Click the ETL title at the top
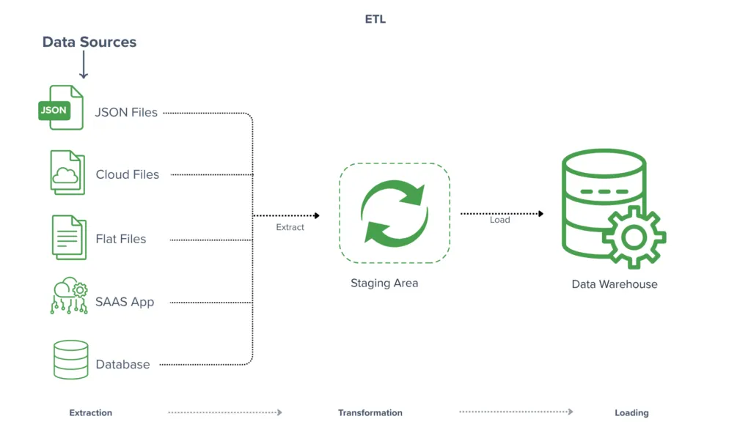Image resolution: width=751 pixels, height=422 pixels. click(x=375, y=20)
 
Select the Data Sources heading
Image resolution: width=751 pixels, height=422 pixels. click(x=89, y=42)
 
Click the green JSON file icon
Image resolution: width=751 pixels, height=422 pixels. click(x=62, y=108)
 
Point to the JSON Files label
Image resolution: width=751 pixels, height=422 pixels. click(x=126, y=113)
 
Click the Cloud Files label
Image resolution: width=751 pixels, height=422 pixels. click(x=127, y=174)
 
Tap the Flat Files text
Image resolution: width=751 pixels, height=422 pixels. click(x=120, y=239)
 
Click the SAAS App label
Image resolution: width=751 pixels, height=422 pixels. click(x=125, y=302)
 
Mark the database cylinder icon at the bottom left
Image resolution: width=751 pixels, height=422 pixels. click(x=70, y=359)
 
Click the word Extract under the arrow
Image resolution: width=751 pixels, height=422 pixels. click(x=290, y=227)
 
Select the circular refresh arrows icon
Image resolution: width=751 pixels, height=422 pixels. click(x=394, y=213)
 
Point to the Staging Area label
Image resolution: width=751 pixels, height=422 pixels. click(x=384, y=283)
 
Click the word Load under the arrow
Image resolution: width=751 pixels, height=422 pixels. click(x=499, y=220)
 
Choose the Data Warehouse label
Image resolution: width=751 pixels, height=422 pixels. click(x=615, y=284)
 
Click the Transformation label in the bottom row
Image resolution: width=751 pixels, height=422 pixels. click(x=370, y=412)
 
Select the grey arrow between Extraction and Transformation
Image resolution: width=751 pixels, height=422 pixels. click(x=225, y=412)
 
